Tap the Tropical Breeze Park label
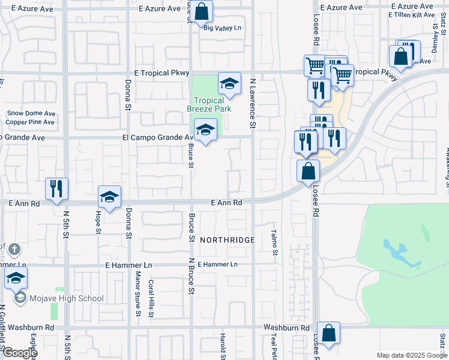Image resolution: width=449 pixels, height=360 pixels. (209, 105)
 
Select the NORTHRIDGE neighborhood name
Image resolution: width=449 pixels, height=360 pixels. (228, 239)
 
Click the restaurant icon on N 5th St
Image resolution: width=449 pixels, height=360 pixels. (56, 188)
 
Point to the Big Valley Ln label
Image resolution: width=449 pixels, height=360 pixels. (222, 28)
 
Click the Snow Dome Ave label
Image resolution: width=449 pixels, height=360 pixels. (31, 113)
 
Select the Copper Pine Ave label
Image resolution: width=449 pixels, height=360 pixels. (30, 122)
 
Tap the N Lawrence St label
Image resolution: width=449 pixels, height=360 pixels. (253, 103)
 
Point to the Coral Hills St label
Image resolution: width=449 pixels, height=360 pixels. (150, 298)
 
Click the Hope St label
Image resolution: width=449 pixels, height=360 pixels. (97, 223)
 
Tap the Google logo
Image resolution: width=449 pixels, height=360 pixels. (19, 353)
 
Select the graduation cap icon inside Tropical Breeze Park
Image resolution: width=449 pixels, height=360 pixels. (229, 85)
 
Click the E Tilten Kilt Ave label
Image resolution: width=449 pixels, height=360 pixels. (412, 14)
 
